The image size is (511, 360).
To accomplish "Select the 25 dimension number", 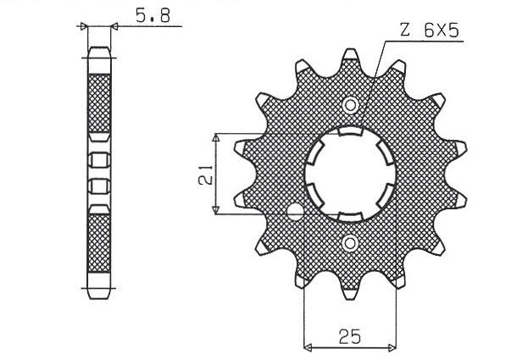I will click(348, 335).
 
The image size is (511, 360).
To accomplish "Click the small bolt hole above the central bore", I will click(350, 105).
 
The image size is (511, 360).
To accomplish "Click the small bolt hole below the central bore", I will click(350, 244).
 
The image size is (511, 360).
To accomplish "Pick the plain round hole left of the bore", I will click(295, 211).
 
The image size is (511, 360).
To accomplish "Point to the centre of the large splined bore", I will click(351, 174).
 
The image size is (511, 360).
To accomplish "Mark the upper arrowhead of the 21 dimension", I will click(218, 137).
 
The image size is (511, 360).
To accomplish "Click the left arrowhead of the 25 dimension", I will click(307, 346).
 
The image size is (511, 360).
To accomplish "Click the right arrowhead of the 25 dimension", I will click(393, 346).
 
